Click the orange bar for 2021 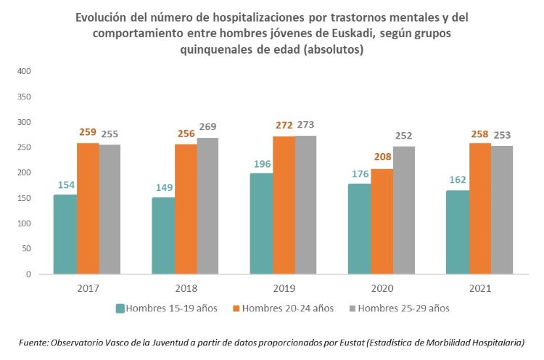pos(480,208)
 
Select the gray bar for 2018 pos(208,206)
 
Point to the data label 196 pos(261,163)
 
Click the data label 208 pos(382,158)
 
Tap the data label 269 pos(208,127)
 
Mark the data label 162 pos(457,181)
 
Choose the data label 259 pos(88,133)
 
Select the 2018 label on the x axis pos(185,288)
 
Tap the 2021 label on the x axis pos(480,288)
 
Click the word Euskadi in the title pos(348,34)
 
